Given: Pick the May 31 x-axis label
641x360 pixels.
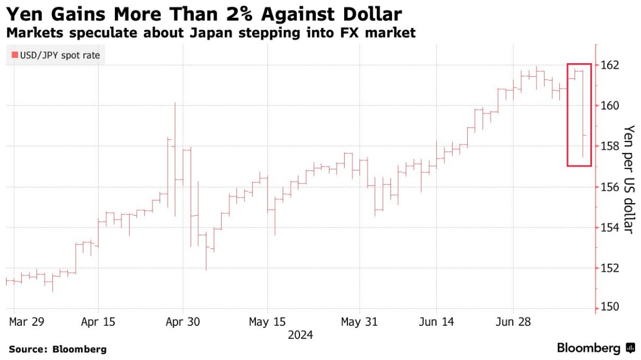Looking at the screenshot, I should tap(359, 322).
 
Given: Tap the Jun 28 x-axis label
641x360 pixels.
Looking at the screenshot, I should tap(512, 322).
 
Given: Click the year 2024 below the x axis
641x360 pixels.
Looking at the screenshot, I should tap(301, 335).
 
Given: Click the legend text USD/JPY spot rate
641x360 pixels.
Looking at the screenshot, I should tap(59, 55).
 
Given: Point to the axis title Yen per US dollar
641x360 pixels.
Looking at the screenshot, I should tap(629, 180).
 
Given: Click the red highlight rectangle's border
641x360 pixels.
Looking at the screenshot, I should tap(567, 114).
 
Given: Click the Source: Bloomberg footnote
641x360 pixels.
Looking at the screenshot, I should tap(58, 349).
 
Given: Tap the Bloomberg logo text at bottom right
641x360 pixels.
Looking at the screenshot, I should tap(589, 348).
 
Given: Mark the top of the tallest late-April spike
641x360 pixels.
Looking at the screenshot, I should tap(175, 102).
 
